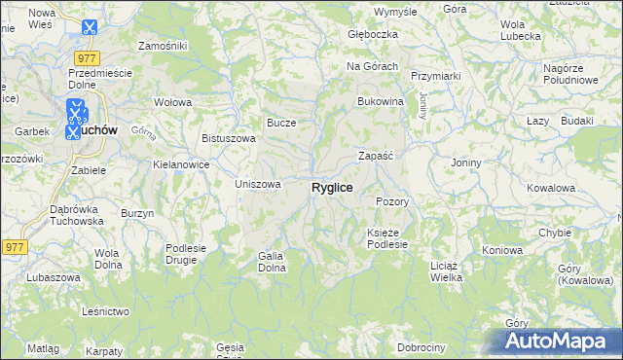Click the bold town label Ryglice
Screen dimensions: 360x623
click(x=332, y=187)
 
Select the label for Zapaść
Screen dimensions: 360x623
click(x=375, y=155)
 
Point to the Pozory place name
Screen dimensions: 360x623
click(x=392, y=201)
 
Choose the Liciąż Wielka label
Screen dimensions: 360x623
click(x=445, y=270)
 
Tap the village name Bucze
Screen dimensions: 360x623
click(x=281, y=123)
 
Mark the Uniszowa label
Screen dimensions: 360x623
click(x=258, y=184)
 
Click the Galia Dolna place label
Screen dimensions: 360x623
click(x=270, y=261)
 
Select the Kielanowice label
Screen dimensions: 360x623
click(x=181, y=165)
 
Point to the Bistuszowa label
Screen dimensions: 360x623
click(x=228, y=138)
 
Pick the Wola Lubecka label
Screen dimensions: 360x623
click(x=520, y=30)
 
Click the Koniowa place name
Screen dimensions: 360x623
click(x=502, y=250)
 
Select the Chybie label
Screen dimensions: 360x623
click(x=555, y=233)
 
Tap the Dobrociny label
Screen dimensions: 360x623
click(x=421, y=347)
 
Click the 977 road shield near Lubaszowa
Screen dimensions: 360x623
click(x=14, y=247)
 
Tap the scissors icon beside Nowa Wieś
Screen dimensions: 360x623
click(x=90, y=28)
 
